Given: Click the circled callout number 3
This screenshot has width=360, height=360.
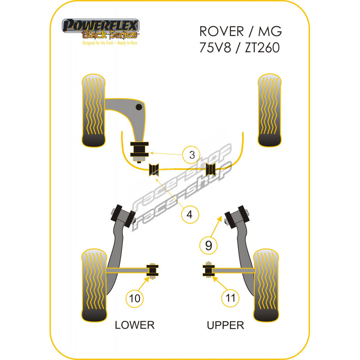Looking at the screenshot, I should click(192, 155).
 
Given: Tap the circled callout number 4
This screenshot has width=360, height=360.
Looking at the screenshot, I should click(190, 215).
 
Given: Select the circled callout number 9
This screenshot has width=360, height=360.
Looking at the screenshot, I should click(208, 246).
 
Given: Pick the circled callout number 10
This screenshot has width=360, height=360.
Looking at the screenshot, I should click(135, 298).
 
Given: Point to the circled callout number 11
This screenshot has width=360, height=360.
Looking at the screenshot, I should click(230, 298).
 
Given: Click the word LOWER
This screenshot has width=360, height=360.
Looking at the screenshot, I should click(135, 324).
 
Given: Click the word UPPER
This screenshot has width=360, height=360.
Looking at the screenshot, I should click(225, 324).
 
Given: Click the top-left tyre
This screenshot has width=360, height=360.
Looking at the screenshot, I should click(94, 109).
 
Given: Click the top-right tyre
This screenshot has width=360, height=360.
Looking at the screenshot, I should click(270, 109).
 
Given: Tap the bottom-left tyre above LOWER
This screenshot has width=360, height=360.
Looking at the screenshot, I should click(94, 284).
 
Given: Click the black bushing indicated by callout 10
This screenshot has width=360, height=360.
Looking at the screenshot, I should click(153, 270).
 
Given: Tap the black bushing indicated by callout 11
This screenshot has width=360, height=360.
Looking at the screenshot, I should click(208, 270).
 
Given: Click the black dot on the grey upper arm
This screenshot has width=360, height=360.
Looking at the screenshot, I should click(139, 107).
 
